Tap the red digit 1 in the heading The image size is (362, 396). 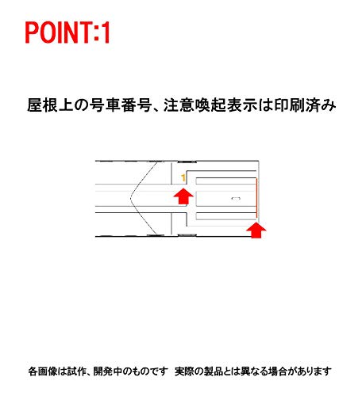point(106,32)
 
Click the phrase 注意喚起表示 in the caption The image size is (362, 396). point(210,105)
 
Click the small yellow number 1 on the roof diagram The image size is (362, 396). point(183,178)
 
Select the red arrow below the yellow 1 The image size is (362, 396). point(183,196)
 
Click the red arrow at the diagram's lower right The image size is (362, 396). point(256,230)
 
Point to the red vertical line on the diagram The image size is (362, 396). point(256,198)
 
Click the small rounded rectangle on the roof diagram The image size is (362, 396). point(236,198)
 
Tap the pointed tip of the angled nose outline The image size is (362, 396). point(130,197)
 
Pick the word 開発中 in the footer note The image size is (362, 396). point(107,371)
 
